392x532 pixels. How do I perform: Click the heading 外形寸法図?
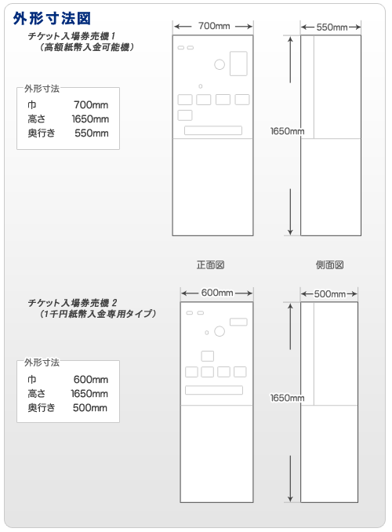[52, 18]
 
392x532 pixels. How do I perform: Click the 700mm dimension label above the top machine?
[214, 26]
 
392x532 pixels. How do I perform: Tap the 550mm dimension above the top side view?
[332, 27]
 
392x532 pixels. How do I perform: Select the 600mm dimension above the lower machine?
[217, 293]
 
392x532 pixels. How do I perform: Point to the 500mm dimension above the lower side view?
[329, 293]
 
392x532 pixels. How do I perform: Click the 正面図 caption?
[211, 264]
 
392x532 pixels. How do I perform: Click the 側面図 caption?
[329, 264]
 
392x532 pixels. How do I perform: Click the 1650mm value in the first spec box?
[90, 119]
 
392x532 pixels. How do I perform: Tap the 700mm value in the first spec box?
[91, 105]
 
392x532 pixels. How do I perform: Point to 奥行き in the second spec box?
[42, 407]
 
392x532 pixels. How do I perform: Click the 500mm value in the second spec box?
[90, 407]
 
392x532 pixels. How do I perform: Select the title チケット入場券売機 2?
[72, 302]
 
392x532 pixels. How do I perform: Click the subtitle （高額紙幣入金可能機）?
[86, 47]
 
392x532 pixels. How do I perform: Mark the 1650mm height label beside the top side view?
[287, 131]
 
